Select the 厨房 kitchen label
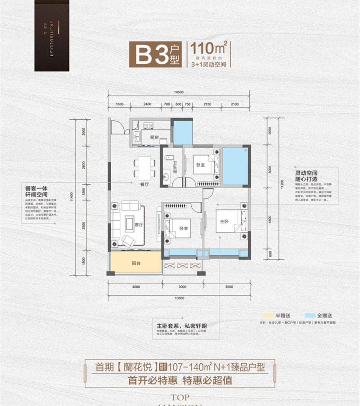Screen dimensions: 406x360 point(154,138)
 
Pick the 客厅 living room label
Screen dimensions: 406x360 point(138,224)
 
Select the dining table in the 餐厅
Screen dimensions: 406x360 point(144,167)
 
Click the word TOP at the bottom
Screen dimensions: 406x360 point(180,397)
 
